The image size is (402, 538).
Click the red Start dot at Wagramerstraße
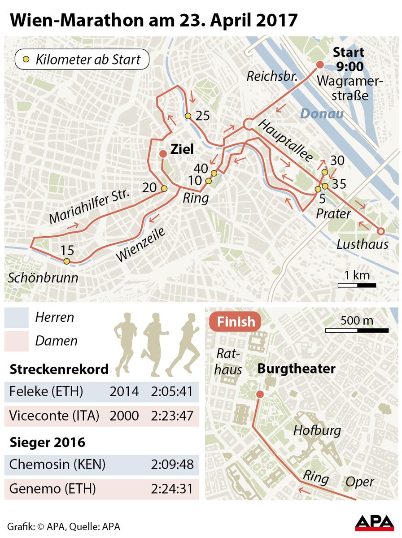(320, 65)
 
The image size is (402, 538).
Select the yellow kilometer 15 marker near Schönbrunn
(67, 261)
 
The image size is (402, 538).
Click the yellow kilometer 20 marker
(164, 189)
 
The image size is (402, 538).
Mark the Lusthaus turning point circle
(381, 231)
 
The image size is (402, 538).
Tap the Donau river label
(322, 114)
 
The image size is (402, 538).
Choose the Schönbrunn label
(43, 278)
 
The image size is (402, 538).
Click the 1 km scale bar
(357, 285)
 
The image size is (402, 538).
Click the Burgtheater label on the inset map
(296, 369)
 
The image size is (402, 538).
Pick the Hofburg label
(317, 431)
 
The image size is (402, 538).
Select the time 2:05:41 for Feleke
(173, 391)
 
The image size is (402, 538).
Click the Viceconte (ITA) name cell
(54, 416)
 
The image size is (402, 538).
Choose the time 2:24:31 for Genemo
(173, 488)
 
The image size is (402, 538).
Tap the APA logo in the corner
(375, 523)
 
